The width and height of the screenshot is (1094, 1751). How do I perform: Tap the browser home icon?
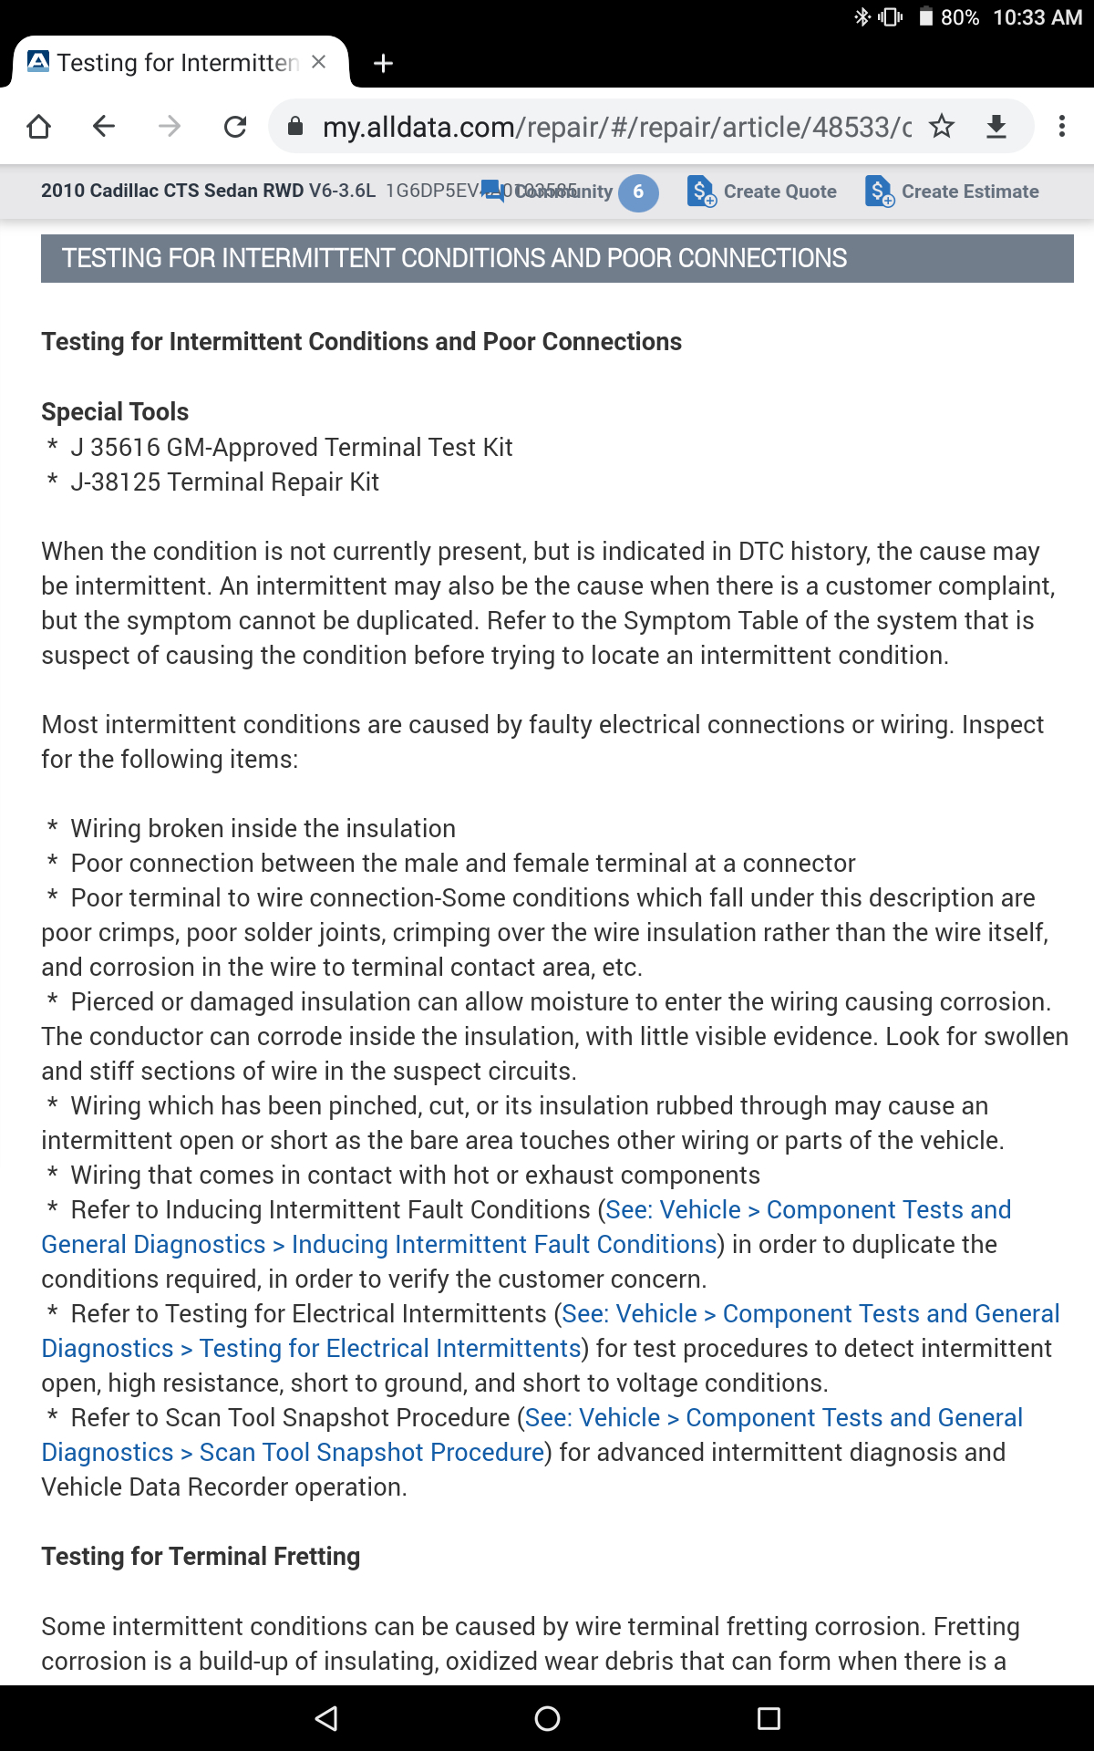coord(38,127)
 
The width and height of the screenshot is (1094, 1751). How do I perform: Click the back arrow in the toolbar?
coord(104,126)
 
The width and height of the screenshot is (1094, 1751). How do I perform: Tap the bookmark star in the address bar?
coord(942,126)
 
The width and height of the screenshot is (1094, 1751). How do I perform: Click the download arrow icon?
coord(996,126)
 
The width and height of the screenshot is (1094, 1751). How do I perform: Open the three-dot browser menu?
coord(1061,126)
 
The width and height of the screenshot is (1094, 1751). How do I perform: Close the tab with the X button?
coord(318,62)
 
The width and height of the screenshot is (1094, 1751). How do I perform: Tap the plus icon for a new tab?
coord(384,63)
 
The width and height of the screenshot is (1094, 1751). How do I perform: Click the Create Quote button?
coord(762,192)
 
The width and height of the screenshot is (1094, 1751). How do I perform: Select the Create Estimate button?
coord(952,192)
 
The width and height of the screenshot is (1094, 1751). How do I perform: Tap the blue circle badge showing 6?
coord(638,192)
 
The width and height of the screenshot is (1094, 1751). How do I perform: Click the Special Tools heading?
coord(115,411)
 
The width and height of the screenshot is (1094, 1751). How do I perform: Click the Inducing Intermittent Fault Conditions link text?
coord(504,1244)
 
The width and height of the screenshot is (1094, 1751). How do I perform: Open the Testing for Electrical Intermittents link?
coord(390,1348)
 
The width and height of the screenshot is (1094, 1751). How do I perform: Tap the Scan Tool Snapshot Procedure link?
coord(372,1452)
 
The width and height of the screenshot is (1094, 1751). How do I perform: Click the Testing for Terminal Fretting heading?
coord(201,1556)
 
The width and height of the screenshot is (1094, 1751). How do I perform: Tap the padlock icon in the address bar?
coord(295,126)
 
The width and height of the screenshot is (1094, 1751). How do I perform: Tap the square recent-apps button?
coord(769,1718)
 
